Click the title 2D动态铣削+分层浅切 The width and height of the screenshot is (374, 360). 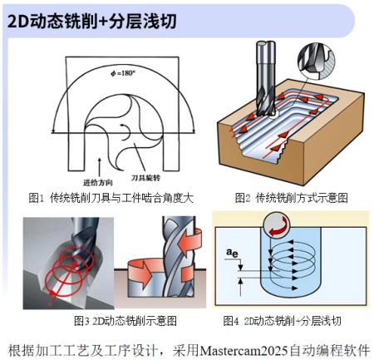91,22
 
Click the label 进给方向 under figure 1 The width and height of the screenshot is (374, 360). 98,183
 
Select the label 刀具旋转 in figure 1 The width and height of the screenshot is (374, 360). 145,178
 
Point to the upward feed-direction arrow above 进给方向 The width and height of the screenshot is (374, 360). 100,167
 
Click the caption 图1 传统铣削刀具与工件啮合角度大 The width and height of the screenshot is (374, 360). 111,198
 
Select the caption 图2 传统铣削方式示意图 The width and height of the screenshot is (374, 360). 291,198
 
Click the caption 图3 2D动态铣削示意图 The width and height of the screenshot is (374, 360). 125,321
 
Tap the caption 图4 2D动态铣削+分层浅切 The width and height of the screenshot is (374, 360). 282,321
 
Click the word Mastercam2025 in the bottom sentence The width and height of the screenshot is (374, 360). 244,351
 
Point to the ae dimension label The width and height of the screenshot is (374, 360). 232,253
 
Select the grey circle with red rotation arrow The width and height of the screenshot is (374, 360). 276,225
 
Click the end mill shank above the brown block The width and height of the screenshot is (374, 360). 266,65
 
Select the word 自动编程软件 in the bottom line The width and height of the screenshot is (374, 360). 330,351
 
